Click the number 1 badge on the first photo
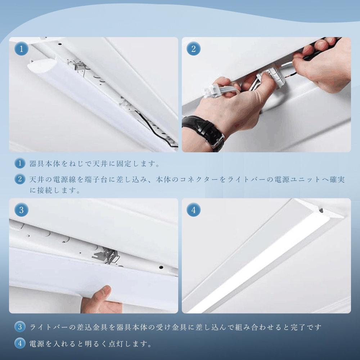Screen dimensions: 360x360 [x=21, y=49]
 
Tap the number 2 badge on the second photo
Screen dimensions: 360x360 [x=194, y=49]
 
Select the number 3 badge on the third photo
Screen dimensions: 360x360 [x=21, y=210]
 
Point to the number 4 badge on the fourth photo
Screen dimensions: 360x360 [x=194, y=210]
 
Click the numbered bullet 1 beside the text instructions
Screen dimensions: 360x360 [x=20, y=163]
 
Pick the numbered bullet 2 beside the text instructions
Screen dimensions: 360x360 [x=20, y=179]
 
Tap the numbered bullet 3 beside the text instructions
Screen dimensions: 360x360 [x=20, y=327]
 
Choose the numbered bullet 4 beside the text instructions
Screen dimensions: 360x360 [x=20, y=343]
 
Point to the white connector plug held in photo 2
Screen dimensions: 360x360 [x=212, y=91]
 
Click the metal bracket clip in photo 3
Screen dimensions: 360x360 [x=107, y=255]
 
